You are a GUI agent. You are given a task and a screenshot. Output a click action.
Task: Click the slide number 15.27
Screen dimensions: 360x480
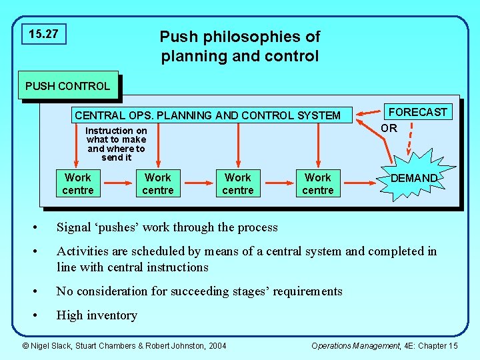(x=44, y=34)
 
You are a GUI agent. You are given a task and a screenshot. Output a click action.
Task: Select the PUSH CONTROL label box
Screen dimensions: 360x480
(x=68, y=86)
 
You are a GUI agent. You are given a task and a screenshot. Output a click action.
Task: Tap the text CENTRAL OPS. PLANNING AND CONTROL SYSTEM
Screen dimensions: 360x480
(x=207, y=115)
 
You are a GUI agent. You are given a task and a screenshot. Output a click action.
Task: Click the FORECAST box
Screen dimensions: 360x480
(x=418, y=112)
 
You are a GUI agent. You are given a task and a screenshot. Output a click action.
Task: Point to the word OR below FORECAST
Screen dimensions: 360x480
(x=389, y=128)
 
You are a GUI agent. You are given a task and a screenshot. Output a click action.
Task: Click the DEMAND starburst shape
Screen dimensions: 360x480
(x=413, y=179)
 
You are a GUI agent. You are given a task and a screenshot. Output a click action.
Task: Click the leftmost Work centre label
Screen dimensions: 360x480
(x=78, y=184)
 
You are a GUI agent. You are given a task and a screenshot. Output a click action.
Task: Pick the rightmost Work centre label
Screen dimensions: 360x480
(x=318, y=184)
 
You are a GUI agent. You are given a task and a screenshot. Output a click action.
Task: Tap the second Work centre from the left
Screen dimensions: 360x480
(x=158, y=184)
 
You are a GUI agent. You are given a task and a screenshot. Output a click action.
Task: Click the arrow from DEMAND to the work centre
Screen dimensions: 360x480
(x=360, y=181)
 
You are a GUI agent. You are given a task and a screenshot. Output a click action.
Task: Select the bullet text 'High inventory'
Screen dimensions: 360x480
(x=97, y=315)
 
